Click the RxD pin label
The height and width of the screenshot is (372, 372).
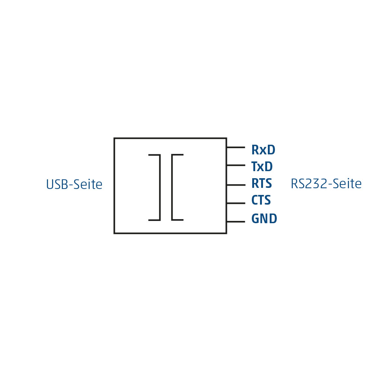click(x=263, y=150)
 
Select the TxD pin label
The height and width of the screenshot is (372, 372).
click(x=262, y=167)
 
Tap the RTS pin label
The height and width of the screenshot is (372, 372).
click(x=262, y=183)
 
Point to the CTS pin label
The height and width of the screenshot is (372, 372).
click(x=261, y=200)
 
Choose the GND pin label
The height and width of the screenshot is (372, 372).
click(x=264, y=218)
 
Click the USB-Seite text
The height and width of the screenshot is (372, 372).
click(x=74, y=185)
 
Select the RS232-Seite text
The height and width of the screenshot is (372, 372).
click(x=326, y=184)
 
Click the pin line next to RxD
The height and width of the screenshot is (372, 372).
click(x=236, y=147)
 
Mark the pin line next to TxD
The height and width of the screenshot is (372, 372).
click(x=236, y=165)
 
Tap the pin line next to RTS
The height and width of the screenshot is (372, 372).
click(x=236, y=185)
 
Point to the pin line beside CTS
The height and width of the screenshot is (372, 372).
click(x=236, y=203)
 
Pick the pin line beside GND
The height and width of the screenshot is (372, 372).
click(x=236, y=222)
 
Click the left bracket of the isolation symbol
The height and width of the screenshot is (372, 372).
click(x=160, y=187)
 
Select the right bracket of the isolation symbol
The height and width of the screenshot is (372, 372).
click(x=172, y=187)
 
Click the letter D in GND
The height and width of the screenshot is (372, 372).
click(x=273, y=218)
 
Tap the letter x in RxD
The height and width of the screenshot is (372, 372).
click(x=263, y=151)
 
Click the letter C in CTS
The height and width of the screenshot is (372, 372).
click(x=254, y=200)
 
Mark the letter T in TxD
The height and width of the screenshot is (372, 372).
click(x=254, y=167)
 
